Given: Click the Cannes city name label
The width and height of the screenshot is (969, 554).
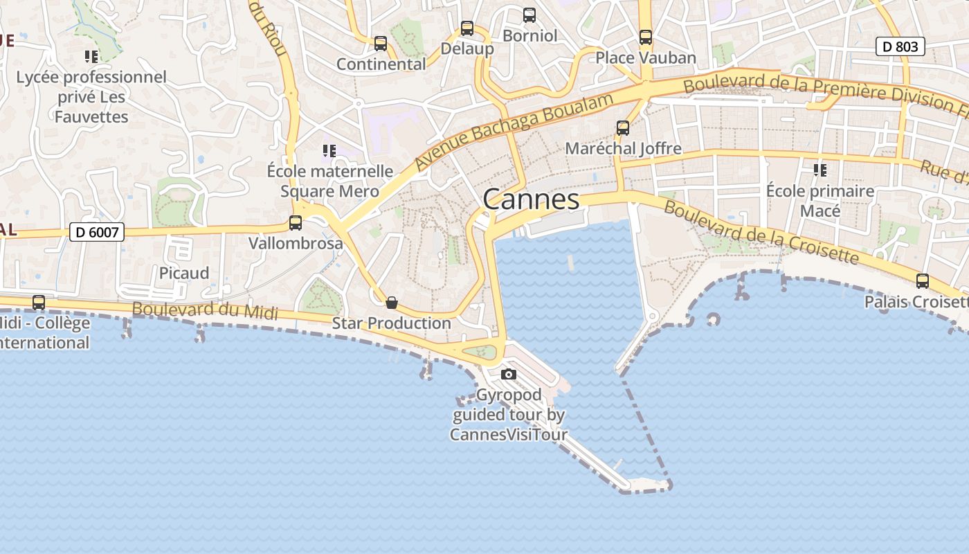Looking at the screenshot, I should pos(531,199).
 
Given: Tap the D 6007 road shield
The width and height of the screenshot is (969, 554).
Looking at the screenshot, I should pos(97,232).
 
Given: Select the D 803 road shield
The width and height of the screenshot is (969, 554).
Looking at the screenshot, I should pos(900,46).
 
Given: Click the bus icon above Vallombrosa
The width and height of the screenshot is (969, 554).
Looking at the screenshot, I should pos(296,223).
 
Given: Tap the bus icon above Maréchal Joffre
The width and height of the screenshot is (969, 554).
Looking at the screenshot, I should pos(623,128).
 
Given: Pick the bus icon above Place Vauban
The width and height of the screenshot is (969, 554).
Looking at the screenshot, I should pos(646,37).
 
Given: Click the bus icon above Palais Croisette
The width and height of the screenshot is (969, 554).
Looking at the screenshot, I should pos(923,281).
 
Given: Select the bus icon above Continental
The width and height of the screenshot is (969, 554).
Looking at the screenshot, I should pos(381,44).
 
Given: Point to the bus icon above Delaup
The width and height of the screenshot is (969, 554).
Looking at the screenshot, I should pos(467,28).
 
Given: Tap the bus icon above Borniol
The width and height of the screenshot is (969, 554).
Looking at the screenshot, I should pos(529,15).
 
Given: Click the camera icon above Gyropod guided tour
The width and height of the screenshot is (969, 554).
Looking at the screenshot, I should pos(509,375).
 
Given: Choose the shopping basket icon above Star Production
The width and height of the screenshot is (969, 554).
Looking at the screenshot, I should pos(392,303).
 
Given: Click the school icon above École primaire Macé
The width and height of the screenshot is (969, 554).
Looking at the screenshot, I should pos(820,170).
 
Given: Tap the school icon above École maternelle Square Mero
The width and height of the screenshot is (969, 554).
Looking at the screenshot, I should pos(329,150).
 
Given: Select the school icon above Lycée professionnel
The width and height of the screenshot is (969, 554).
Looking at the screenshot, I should pos(91,56).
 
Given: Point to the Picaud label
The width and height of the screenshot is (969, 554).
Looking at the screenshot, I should pos(184,273).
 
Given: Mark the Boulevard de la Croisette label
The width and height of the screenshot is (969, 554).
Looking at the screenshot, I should pos(761,233).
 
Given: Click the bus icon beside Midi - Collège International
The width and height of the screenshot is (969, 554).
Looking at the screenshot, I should pos(39,303).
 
